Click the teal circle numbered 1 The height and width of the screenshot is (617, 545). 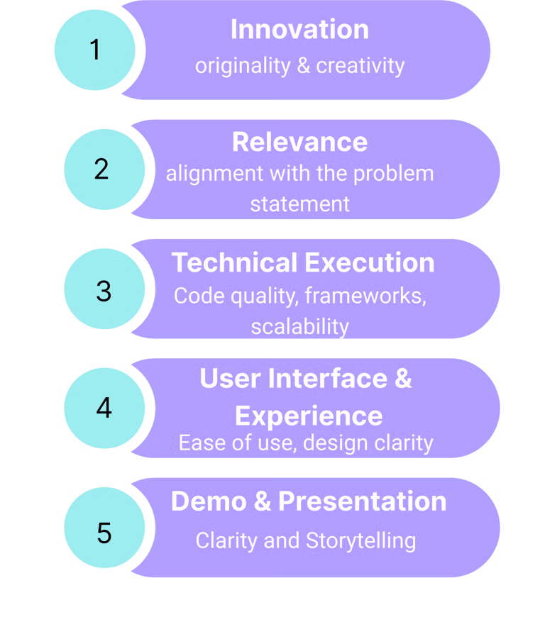tap(94, 50)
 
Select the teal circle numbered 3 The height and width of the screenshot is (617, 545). tap(104, 289)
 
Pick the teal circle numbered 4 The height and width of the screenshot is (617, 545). tap(104, 408)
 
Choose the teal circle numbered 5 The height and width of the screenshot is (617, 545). tap(104, 531)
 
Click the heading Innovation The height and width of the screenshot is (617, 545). tap(299, 30)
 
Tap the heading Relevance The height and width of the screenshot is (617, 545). tap(299, 142)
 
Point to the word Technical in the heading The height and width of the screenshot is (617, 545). tap(234, 263)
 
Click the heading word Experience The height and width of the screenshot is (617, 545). tap(309, 416)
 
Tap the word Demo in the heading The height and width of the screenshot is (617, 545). tap(207, 501)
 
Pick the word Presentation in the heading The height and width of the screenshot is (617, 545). tap(362, 501)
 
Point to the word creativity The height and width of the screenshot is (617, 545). tap(360, 66)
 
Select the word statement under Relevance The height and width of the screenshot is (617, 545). tap(299, 204)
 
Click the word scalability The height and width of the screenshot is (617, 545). tap(299, 326)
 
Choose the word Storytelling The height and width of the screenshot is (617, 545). tap(360, 540)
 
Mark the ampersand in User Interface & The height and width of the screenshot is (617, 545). tap(402, 379)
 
